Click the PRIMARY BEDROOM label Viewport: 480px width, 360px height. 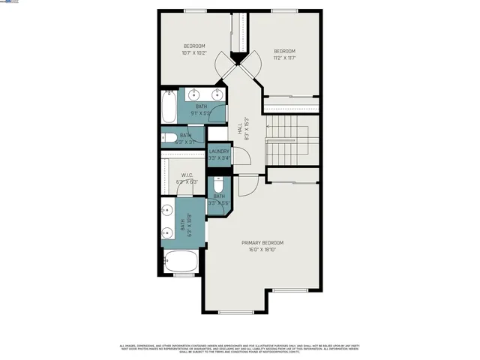pyautogui.click(x=262, y=243)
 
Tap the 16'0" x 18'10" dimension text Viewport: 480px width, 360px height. pyautogui.click(x=262, y=250)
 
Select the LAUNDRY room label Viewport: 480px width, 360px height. pyautogui.click(x=218, y=151)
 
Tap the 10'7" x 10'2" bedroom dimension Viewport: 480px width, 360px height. pyautogui.click(x=194, y=52)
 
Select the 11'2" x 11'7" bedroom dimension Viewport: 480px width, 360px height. pyautogui.click(x=284, y=58)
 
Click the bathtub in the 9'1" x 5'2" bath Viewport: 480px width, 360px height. pyautogui.click(x=168, y=107)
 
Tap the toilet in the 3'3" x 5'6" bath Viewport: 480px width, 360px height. pyautogui.click(x=219, y=187)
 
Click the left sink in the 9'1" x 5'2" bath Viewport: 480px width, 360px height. pyautogui.click(x=194, y=94)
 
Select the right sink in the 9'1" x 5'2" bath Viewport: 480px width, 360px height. pyautogui.click(x=218, y=94)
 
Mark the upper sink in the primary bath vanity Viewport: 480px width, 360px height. pyautogui.click(x=166, y=210)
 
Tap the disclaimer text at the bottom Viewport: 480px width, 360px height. pyautogui.click(x=240, y=348)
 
